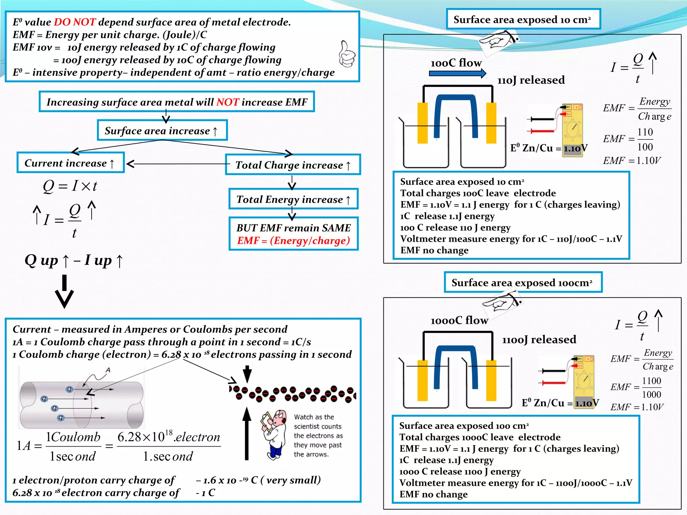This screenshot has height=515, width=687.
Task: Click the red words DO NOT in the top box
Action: pyautogui.click(x=75, y=22)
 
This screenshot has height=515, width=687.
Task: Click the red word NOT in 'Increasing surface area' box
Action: pyautogui.click(x=227, y=102)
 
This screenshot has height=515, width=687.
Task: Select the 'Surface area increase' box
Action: pyautogui.click(x=162, y=130)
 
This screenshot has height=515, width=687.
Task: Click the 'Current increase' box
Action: pyautogui.click(x=70, y=163)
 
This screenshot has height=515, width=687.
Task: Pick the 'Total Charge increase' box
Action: pyautogui.click(x=293, y=165)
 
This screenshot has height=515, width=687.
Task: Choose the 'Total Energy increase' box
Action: pyautogui.click(x=294, y=199)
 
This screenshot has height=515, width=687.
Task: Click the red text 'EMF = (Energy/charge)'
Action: pyautogui.click(x=294, y=241)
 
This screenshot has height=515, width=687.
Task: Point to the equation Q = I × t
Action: pyautogui.click(x=70, y=186)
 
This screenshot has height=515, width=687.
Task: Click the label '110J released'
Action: pyautogui.click(x=531, y=80)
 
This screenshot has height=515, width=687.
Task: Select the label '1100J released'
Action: pyautogui.click(x=539, y=340)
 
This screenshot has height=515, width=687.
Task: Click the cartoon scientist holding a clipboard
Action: pyautogui.click(x=274, y=434)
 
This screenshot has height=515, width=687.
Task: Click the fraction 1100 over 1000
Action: pyautogui.click(x=651, y=388)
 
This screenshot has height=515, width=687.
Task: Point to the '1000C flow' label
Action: pyautogui.click(x=459, y=320)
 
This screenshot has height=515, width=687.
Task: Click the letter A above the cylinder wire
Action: pyautogui.click(x=108, y=370)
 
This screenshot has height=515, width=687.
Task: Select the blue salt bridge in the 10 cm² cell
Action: pyautogui.click(x=455, y=101)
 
